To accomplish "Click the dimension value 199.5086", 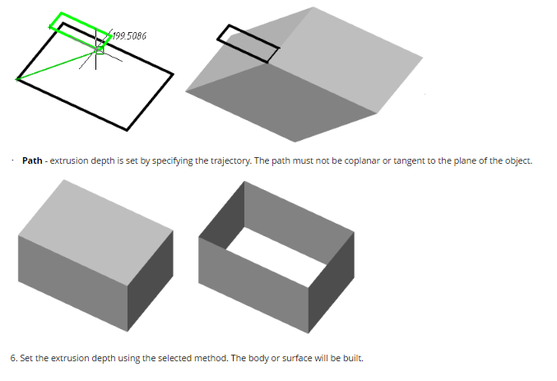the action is coord(130,36).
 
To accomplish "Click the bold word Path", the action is coord(32,160).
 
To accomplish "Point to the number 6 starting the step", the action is coord(13,358).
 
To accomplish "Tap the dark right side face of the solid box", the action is coord(151,281).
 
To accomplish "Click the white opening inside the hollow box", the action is coord(276,256).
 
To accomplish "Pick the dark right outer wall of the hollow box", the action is coord(332,282).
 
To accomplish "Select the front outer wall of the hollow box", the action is coord(253,286).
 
